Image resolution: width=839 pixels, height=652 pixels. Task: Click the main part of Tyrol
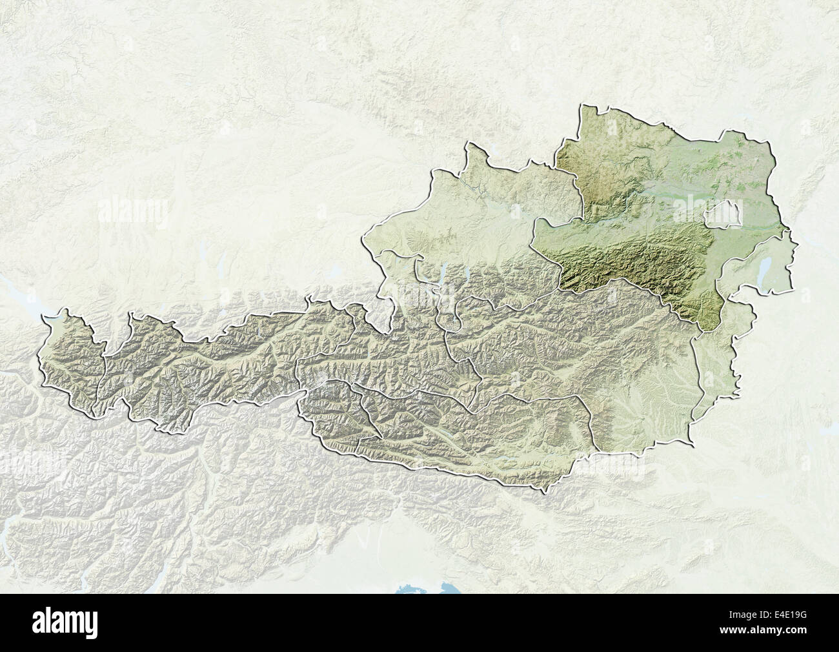(x=213, y=362)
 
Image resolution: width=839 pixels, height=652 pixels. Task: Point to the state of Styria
(x=581, y=362)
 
